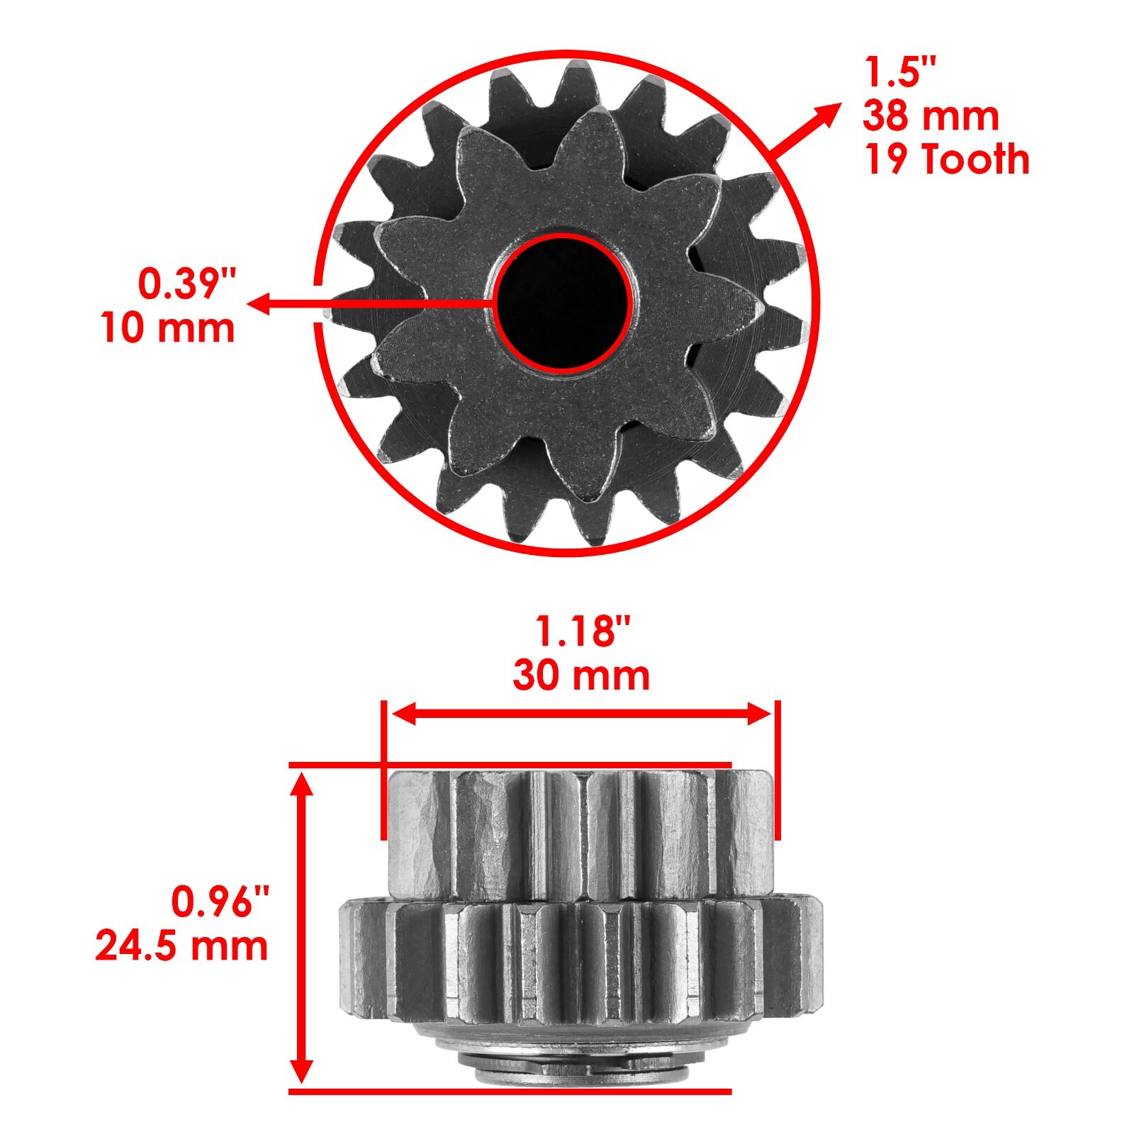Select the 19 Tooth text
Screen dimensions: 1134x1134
[946, 159]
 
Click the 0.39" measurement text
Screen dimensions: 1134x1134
[186, 284]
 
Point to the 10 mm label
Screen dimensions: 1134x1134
[168, 328]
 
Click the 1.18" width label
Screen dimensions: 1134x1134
[581, 631]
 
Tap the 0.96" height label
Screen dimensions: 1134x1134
[220, 902]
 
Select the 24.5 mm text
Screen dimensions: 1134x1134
[182, 945]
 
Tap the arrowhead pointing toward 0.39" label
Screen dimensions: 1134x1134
[259, 303]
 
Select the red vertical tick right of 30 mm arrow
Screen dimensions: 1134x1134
[777, 769]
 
